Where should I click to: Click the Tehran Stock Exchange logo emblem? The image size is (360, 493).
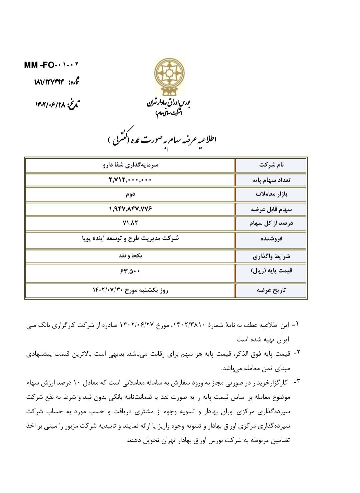[x=169, y=76]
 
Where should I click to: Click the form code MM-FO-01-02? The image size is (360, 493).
[x=52, y=65]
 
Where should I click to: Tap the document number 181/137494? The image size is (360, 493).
[x=49, y=82]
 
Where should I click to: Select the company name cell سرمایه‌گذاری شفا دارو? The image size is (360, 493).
[x=131, y=165]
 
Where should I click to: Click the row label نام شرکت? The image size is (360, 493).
[x=271, y=165]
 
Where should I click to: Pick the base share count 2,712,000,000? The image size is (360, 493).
[x=130, y=180]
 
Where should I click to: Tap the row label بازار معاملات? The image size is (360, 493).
[x=271, y=194]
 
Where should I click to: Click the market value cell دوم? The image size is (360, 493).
[x=130, y=194]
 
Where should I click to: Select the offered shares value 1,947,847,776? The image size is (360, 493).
[x=130, y=209]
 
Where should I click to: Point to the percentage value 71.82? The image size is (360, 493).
[x=130, y=223]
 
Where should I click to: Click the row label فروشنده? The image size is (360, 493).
[x=271, y=239]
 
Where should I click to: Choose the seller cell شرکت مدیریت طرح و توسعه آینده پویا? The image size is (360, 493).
[x=130, y=238]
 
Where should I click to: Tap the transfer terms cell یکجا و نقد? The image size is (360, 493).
[x=130, y=256]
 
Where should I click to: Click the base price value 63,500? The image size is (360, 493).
[x=130, y=271]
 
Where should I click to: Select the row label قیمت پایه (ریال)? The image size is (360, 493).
[x=271, y=271]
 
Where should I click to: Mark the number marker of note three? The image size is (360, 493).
[x=296, y=381]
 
